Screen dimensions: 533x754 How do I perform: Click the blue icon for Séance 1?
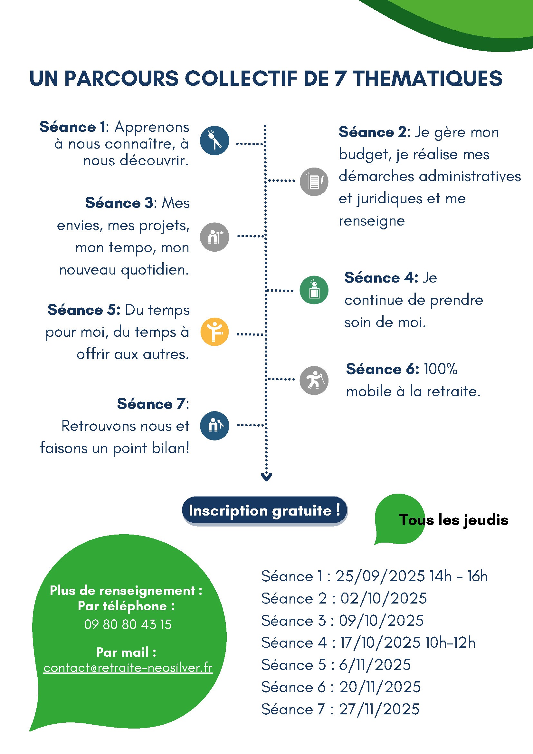(214, 140)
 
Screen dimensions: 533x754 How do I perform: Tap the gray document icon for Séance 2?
(314, 182)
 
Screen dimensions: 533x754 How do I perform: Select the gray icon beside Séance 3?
(214, 237)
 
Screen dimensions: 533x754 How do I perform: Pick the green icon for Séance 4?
(314, 290)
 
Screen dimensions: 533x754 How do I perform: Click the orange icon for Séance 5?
(214, 332)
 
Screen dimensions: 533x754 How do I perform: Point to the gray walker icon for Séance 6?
(314, 380)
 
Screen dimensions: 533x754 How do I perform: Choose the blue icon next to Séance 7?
(214, 426)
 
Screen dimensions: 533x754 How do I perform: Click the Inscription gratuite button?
(264, 511)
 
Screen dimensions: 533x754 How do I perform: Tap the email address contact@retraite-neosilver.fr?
(128, 668)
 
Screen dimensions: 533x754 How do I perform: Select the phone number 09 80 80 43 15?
(128, 624)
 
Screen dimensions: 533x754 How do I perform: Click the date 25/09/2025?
(380, 576)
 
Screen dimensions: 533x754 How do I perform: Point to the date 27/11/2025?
(379, 709)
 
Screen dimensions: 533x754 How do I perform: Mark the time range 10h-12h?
(450, 642)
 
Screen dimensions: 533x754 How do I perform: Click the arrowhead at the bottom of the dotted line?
(266, 477)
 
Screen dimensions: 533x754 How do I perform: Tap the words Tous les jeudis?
(453, 520)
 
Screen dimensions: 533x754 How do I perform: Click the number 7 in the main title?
(341, 79)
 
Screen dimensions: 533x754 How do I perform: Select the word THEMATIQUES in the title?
(427, 79)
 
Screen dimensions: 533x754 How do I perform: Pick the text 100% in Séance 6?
(441, 369)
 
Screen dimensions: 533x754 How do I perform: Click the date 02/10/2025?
(384, 598)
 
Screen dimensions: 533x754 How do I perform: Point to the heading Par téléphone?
(126, 606)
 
